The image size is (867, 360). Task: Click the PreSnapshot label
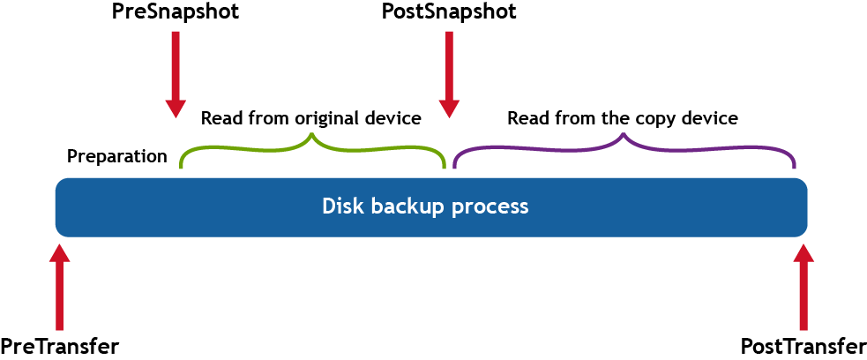(176, 13)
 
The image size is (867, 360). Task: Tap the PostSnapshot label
(448, 13)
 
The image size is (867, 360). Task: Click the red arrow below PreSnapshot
(176, 75)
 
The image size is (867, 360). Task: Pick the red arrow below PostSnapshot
(450, 75)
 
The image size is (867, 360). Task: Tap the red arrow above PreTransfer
(59, 287)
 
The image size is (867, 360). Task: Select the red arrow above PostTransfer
(803, 287)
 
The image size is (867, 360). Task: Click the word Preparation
(117, 157)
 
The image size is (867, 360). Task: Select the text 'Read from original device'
(310, 118)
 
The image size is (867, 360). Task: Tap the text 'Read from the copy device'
(622, 118)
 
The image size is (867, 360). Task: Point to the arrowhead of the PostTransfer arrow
(803, 253)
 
